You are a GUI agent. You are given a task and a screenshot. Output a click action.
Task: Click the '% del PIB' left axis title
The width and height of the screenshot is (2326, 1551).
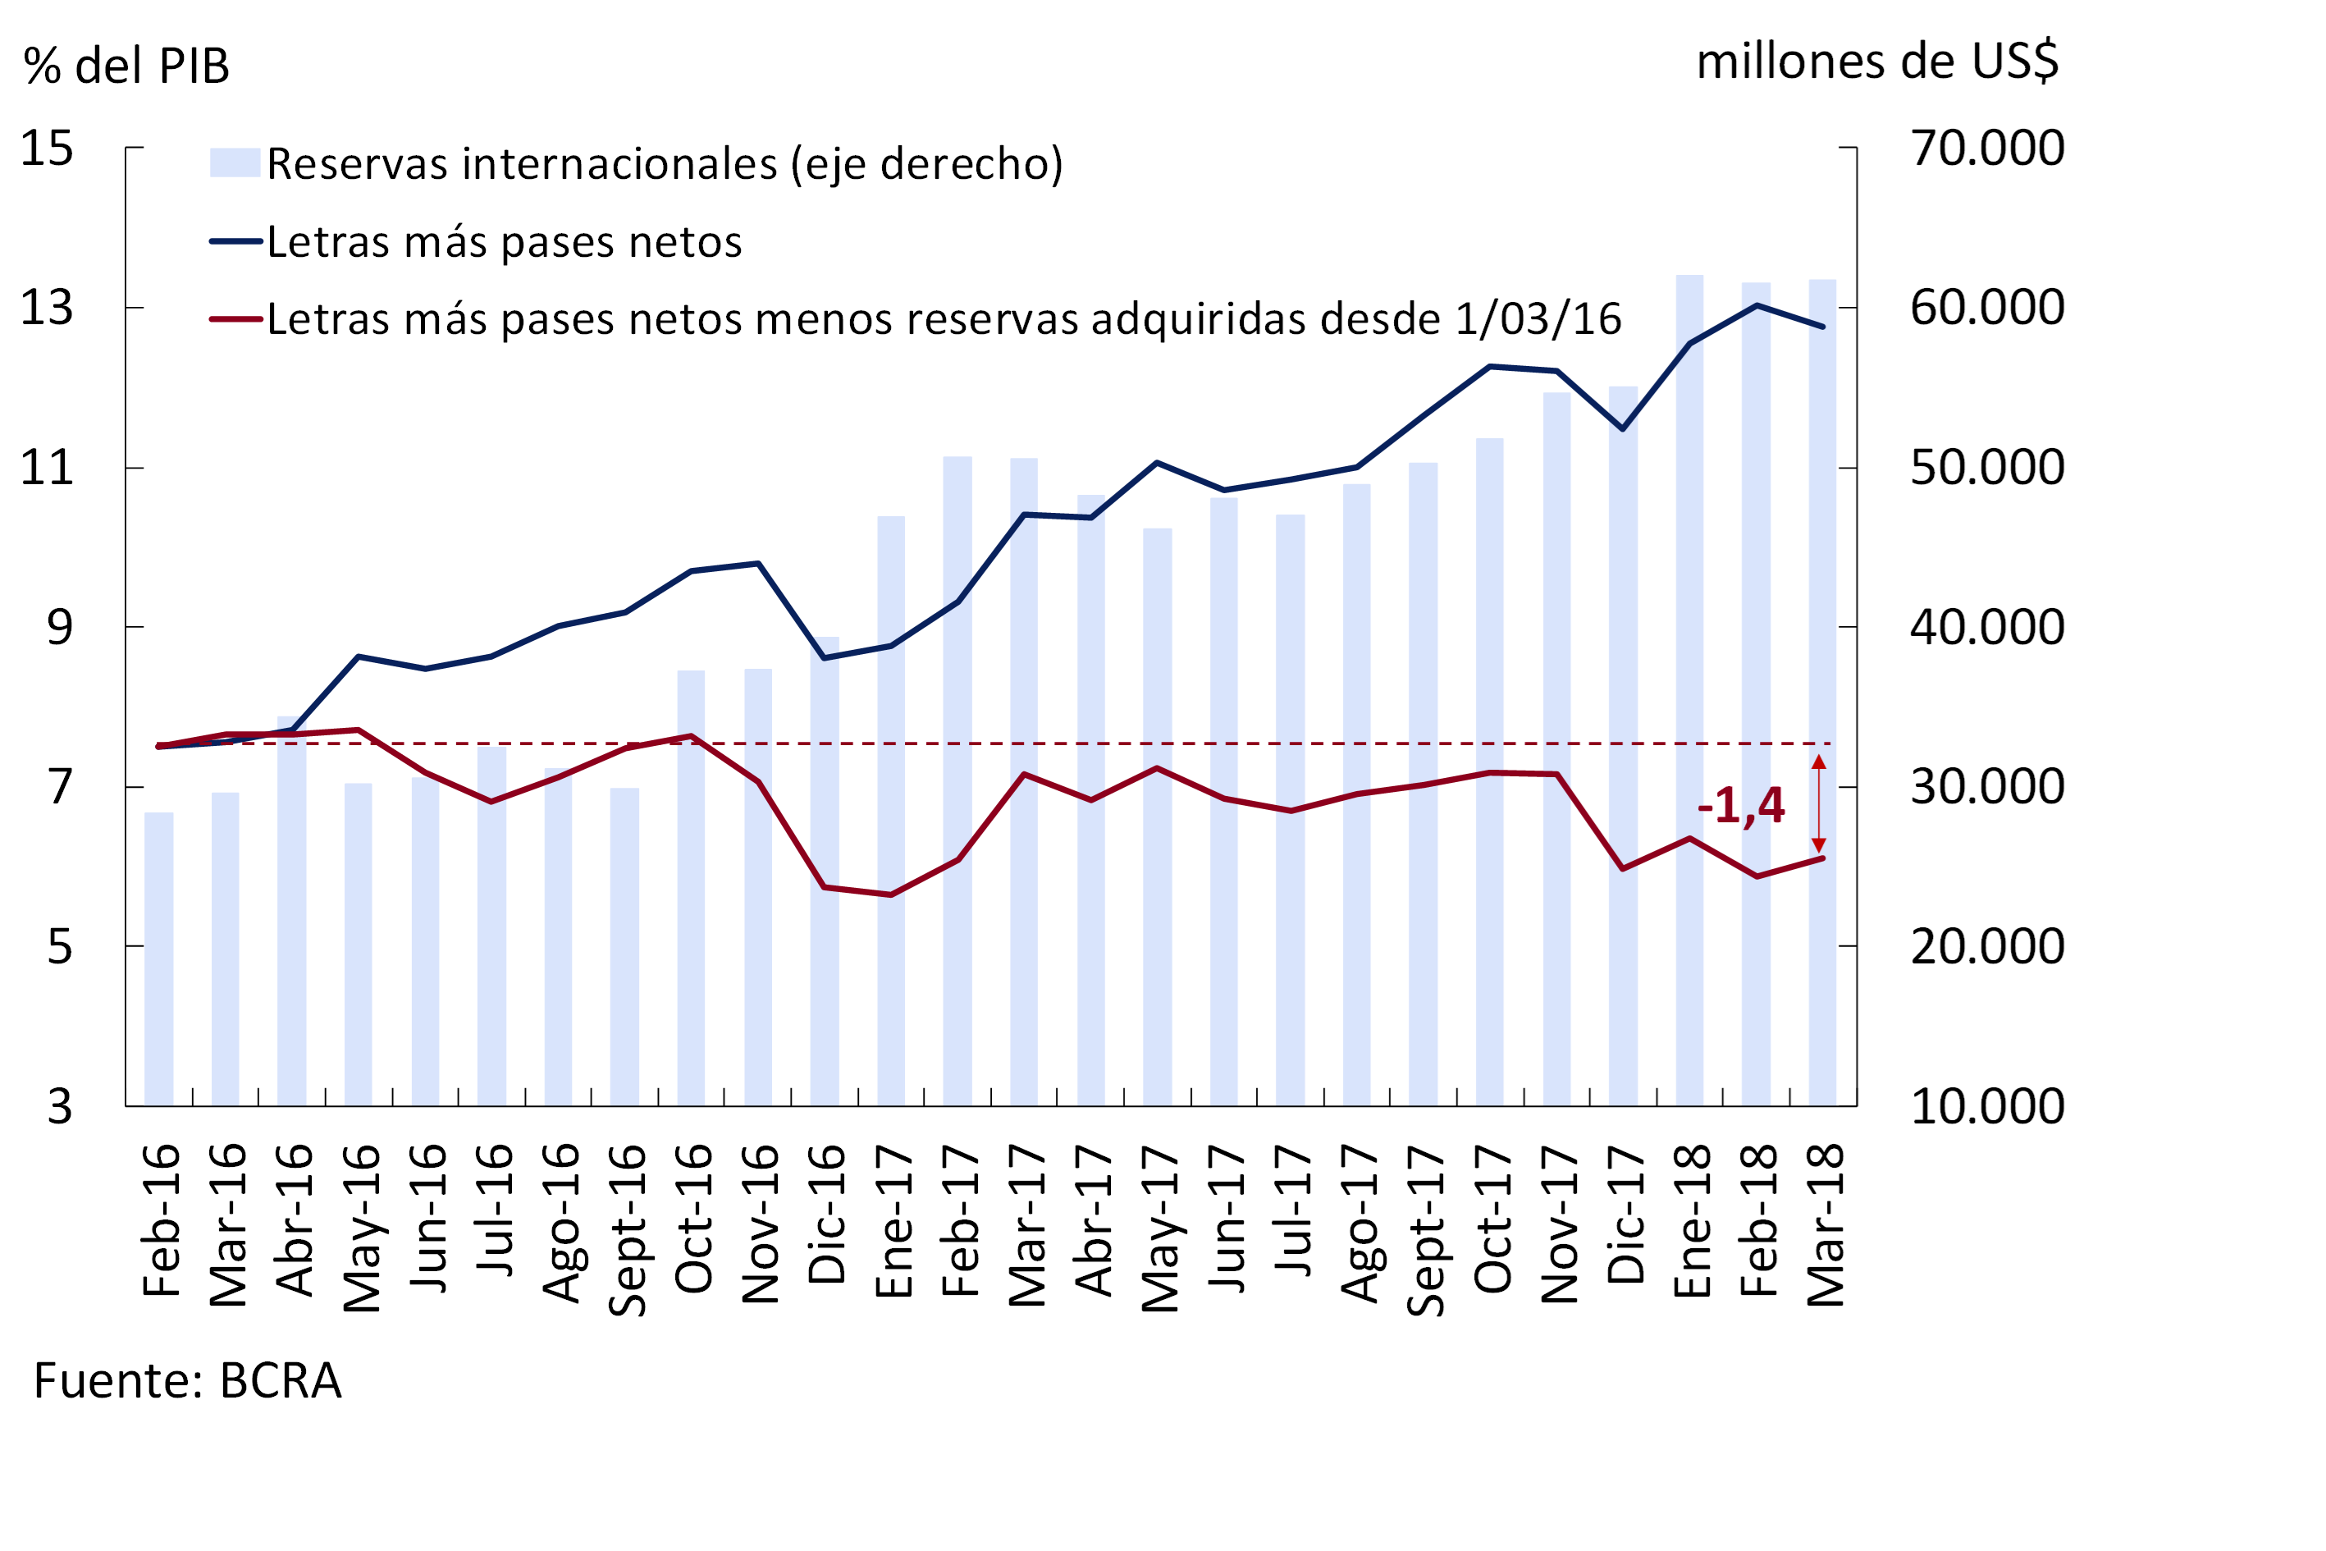[x=126, y=66]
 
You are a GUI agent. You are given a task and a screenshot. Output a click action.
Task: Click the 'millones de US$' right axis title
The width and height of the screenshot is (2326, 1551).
[x=1877, y=62]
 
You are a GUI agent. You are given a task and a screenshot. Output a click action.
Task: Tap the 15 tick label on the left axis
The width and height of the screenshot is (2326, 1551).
[x=47, y=149]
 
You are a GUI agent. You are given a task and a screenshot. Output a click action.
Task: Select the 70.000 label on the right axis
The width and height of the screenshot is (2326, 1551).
[x=1987, y=149]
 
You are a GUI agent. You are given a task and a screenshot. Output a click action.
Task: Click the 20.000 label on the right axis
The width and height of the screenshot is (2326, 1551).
[x=1987, y=947]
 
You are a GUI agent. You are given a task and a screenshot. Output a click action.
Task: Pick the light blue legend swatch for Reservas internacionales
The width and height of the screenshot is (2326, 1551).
[x=235, y=162]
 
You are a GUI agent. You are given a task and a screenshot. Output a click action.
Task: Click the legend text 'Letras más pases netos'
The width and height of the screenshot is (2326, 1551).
[x=505, y=242]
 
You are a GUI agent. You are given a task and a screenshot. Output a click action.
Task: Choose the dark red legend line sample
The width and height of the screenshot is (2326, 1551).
[x=235, y=318]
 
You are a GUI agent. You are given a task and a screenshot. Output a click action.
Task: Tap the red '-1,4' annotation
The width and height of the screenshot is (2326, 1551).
[x=1740, y=805]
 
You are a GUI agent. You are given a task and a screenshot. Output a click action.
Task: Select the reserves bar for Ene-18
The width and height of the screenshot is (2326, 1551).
[x=1689, y=693]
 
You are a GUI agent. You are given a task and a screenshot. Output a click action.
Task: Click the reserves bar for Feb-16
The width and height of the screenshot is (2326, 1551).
[x=158, y=959]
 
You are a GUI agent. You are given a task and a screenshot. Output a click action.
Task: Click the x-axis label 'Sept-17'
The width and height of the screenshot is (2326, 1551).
[x=1425, y=1229]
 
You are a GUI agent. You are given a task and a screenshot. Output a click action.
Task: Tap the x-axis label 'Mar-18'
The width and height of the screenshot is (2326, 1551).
[x=1826, y=1224]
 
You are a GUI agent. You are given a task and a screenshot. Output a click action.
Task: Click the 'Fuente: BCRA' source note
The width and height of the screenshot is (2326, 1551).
[x=188, y=1381]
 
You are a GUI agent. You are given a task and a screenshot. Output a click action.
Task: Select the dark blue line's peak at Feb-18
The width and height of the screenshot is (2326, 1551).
[x=1757, y=304]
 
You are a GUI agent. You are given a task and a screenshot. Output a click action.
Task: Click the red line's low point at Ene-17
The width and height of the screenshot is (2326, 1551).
[x=891, y=895]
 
